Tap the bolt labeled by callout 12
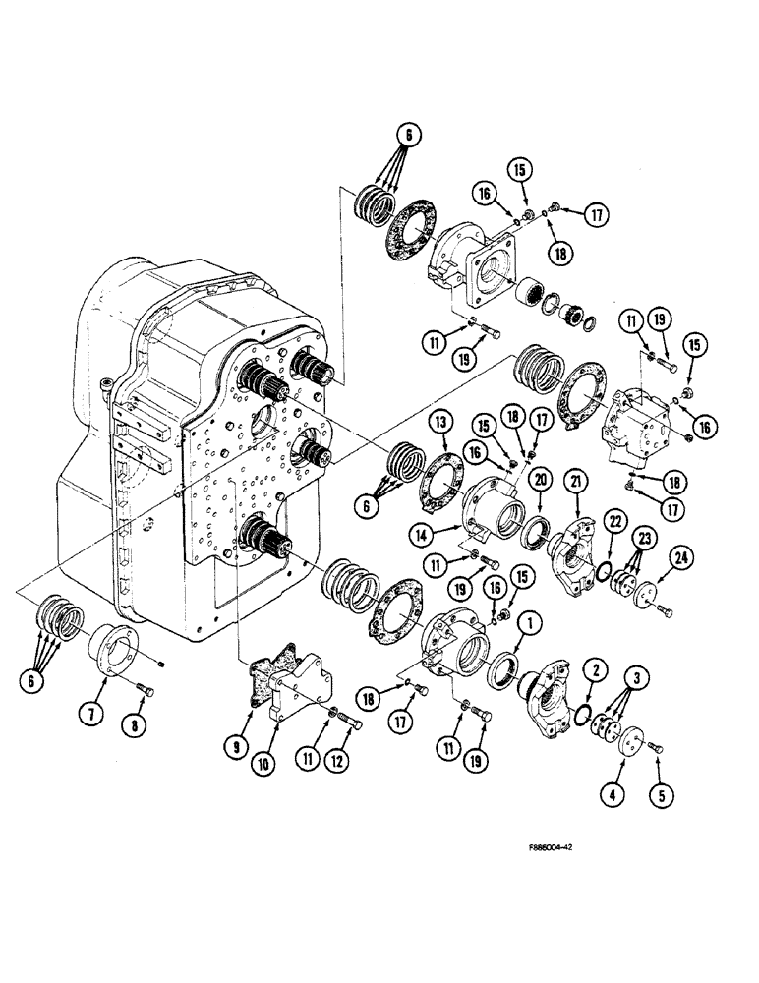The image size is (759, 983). coord(351,723)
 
